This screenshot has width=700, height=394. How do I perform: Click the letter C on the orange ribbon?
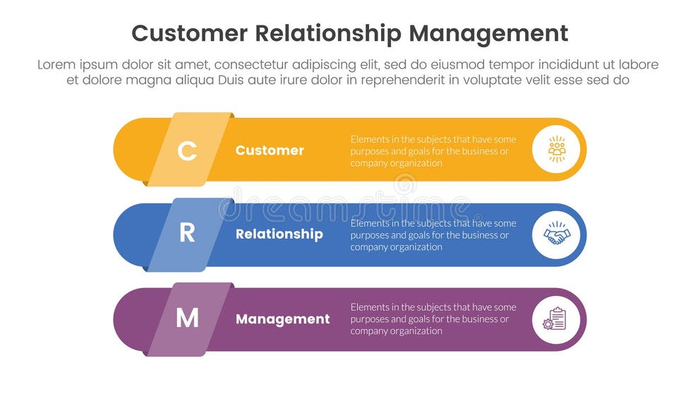point(187,150)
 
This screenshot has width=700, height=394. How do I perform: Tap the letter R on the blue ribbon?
point(187,234)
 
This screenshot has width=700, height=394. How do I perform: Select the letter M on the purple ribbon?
point(187,319)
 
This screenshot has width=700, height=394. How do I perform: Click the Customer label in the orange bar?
point(270,150)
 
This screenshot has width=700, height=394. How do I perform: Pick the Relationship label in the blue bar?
point(279,234)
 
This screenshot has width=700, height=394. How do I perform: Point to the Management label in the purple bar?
point(282,319)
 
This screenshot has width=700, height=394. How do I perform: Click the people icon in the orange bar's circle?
point(556,150)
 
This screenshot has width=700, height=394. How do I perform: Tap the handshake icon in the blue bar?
point(556,234)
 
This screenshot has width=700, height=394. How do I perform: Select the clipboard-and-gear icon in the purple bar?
point(555,319)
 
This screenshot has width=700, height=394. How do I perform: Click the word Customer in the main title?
point(190,33)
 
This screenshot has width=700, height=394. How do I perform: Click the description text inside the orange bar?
point(433,150)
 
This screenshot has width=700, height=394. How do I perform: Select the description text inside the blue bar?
point(433,234)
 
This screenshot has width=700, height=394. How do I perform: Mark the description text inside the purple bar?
point(433,319)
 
